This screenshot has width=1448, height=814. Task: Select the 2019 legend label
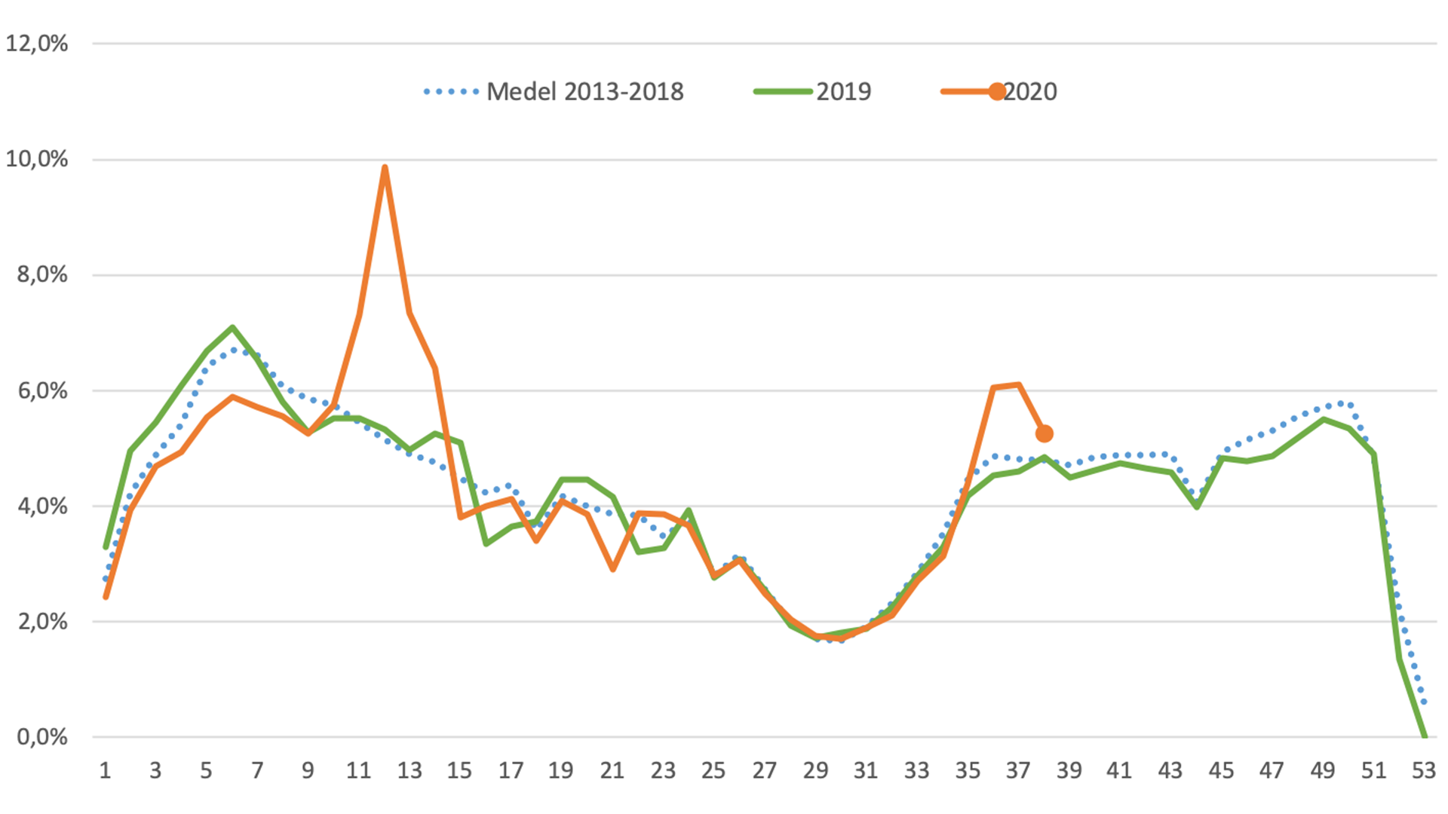[x=843, y=92]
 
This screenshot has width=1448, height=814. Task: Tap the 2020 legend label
[x=1030, y=92]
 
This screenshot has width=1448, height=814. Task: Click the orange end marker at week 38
[x=1045, y=433]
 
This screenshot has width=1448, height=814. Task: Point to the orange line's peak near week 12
[x=385, y=167]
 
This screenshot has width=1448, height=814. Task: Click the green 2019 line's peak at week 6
[x=232, y=328]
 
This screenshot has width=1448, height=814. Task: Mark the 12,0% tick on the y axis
[x=37, y=44]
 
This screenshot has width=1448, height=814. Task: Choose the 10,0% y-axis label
[x=37, y=159]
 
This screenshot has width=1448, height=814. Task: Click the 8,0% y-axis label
[x=42, y=274]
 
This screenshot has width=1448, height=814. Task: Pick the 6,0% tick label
[x=42, y=390]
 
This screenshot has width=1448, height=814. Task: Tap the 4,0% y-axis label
[x=42, y=506]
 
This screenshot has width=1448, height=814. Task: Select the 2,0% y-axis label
[x=42, y=622]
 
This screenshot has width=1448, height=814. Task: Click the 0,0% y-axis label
[x=42, y=737]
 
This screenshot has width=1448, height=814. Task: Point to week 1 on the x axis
[x=105, y=770]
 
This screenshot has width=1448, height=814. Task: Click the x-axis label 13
[x=410, y=770]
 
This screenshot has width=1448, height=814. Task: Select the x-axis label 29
[x=815, y=770]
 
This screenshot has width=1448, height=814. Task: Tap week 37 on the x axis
[x=1018, y=770]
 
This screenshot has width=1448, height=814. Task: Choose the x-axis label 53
[x=1424, y=770]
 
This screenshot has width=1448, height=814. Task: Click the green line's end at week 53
[x=1424, y=736]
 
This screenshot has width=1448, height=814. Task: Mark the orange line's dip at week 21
[x=613, y=569]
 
